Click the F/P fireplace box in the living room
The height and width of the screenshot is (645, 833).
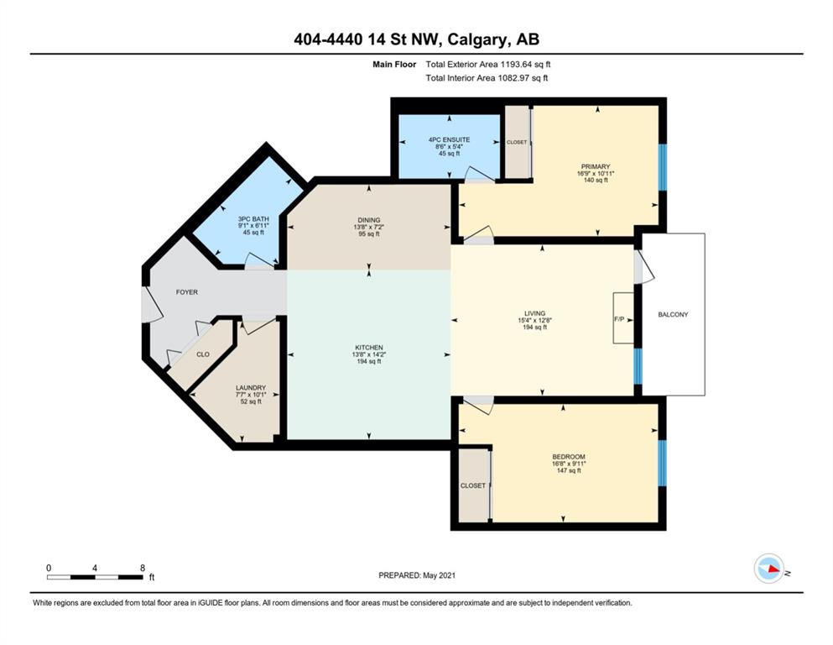tap(623, 318)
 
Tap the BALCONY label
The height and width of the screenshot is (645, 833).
tap(673, 315)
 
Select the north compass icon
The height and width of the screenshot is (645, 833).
tap(768, 569)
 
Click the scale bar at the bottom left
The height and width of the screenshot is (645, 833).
tap(95, 576)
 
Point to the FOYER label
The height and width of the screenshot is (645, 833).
tap(186, 292)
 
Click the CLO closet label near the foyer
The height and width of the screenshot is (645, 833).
tap(203, 354)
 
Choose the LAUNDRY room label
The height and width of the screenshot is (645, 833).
tap(251, 388)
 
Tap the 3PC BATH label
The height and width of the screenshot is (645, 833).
tap(253, 218)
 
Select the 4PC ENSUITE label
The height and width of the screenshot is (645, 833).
tap(449, 140)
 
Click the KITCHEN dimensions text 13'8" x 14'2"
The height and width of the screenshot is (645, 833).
tap(369, 354)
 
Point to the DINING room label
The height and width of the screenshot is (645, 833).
tap(369, 220)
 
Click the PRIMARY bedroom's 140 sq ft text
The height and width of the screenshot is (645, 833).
tap(596, 181)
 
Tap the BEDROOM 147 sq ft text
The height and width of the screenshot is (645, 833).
tap(569, 470)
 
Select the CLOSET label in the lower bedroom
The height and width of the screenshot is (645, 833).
tap(473, 485)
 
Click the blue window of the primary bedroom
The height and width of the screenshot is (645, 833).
tap(662, 167)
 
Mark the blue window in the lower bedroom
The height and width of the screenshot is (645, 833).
tap(662, 463)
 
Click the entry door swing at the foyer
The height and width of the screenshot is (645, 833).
tap(152, 304)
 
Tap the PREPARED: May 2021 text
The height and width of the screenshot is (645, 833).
tap(416, 575)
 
